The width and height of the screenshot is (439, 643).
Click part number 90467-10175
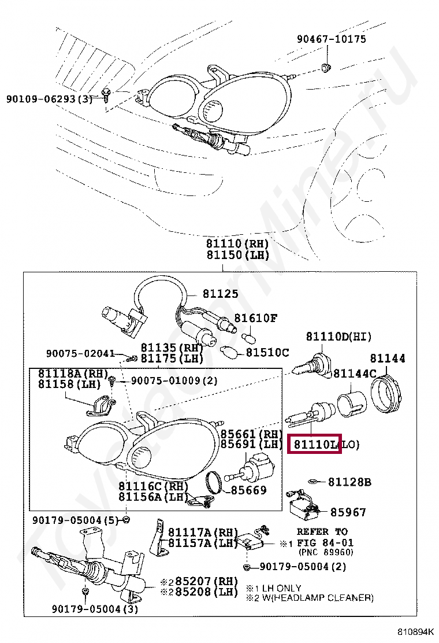click(331, 39)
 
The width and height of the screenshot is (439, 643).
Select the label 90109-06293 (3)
click(50, 99)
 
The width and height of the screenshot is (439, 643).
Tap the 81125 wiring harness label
click(220, 294)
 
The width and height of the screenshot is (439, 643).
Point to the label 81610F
click(255, 318)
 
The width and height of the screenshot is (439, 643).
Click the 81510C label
click(267, 352)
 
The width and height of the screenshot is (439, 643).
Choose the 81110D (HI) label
click(338, 337)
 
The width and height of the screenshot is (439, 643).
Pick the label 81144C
click(355, 373)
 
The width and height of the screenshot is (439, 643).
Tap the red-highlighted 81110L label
click(315, 444)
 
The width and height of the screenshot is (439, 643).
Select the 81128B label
click(349, 482)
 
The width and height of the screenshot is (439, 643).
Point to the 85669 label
click(249, 490)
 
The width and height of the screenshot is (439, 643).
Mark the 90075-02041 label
click(81, 353)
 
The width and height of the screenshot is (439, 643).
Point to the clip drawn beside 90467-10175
click(325, 69)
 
